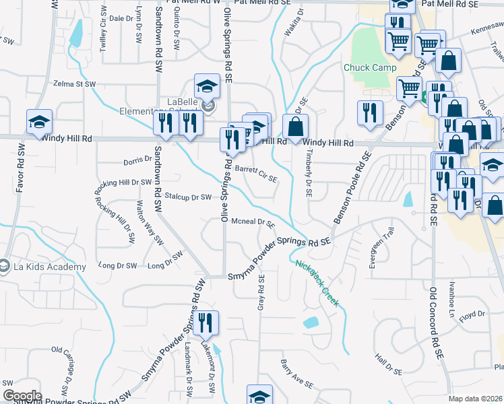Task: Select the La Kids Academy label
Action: [47, 267]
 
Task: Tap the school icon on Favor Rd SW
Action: [40, 121]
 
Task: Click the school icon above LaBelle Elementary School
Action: [207, 86]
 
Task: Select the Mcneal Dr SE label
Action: [253, 223]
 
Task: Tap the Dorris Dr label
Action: [137, 161]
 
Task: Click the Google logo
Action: [22, 396]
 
